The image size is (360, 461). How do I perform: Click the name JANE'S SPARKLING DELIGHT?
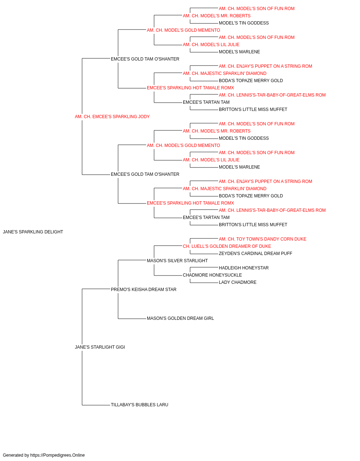tap(33, 232)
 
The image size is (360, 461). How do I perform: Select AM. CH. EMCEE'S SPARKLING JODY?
tap(112, 117)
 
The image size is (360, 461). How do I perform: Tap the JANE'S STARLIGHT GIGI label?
tap(100, 347)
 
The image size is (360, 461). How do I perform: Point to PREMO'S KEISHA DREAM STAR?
tap(144, 289)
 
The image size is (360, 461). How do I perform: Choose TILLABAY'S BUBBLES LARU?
tap(140, 404)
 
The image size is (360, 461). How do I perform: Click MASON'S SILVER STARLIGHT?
tap(177, 260)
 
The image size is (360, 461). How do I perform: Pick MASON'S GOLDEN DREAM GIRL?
tap(180, 318)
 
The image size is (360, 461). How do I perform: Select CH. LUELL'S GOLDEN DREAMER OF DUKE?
tap(227, 246)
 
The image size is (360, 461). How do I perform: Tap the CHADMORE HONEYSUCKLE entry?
tap(212, 275)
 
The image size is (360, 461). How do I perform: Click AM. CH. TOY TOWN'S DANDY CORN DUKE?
tap(262, 239)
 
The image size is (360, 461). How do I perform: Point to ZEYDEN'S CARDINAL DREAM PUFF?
tap(256, 253)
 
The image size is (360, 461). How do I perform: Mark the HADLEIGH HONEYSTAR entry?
tap(244, 268)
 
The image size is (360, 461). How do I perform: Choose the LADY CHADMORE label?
tap(238, 282)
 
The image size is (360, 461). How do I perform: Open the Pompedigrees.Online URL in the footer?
tap(58, 455)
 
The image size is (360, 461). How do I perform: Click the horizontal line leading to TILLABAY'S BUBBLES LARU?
tap(96, 405)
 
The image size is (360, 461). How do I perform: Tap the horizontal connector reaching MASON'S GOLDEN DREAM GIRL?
tap(132, 319)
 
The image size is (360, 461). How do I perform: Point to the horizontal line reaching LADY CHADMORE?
tap(204, 283)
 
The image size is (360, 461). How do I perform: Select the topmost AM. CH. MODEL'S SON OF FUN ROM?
tap(257, 9)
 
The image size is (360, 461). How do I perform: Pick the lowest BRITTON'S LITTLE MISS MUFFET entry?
tap(253, 224)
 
